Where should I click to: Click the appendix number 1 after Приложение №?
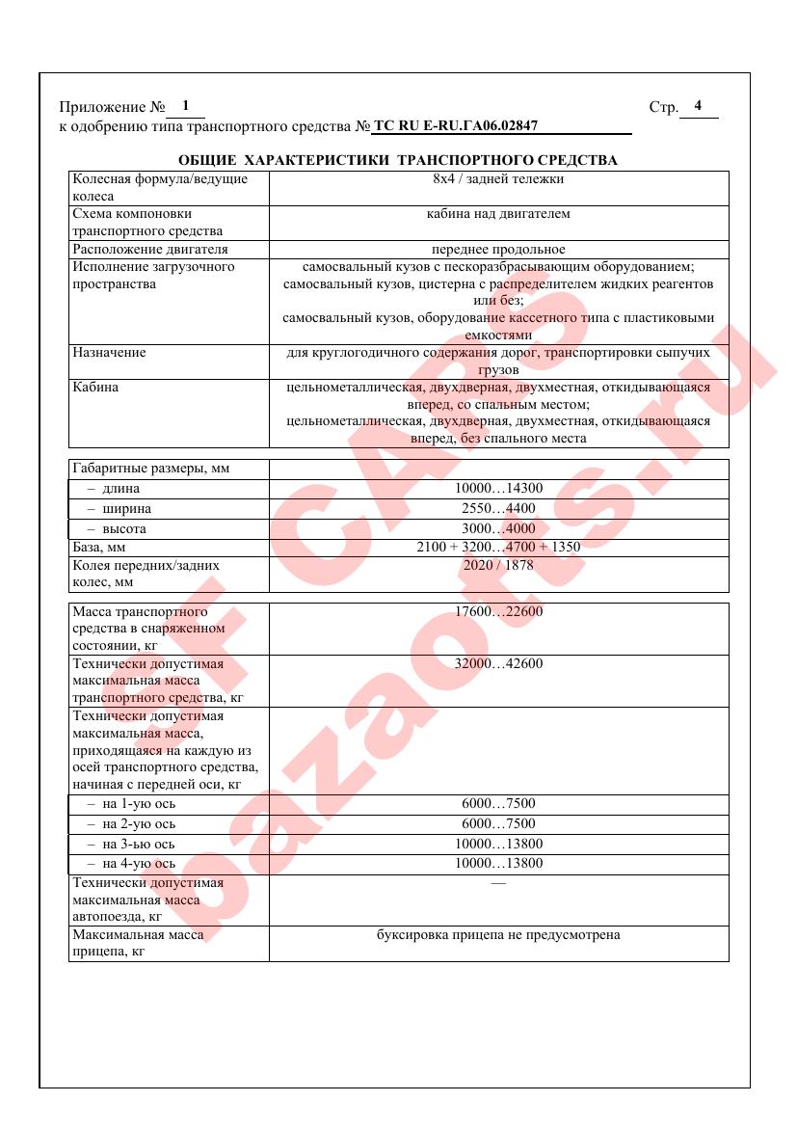pos(185,105)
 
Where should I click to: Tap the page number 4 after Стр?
pos(698,105)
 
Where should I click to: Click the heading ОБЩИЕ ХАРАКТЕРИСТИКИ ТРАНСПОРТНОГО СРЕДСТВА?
pos(398,159)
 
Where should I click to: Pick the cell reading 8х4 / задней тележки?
pos(498,178)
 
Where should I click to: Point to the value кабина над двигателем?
pos(498,213)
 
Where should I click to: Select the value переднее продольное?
pos(498,249)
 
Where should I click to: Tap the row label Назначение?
pos(110,353)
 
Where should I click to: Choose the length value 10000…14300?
pos(498,489)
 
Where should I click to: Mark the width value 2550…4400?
pos(498,509)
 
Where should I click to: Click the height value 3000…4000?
pos(498,529)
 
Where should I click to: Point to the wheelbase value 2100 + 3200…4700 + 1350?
pos(498,548)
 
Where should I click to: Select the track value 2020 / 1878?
pos(498,566)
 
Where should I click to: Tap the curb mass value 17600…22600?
pos(498,611)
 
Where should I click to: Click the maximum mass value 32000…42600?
pos(498,663)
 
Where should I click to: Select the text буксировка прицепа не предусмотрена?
pos(498,935)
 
